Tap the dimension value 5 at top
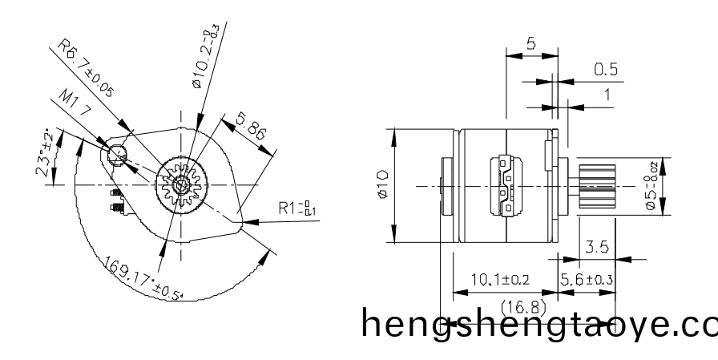(530, 44)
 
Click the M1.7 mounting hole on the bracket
(116, 153)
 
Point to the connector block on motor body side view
(506, 186)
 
